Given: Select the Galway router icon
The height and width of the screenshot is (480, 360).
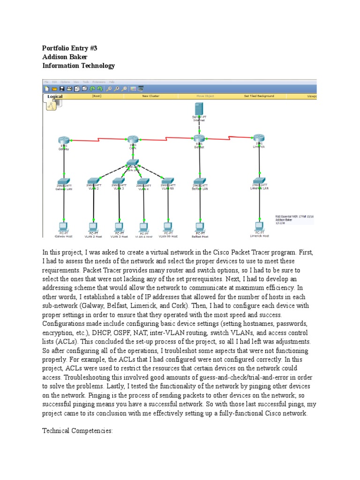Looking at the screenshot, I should [64, 140].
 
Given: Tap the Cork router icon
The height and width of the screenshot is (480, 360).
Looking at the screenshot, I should [133, 139].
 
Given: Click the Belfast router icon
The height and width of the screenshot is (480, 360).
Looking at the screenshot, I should [199, 138].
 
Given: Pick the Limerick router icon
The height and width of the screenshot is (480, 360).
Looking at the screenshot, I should [258, 138].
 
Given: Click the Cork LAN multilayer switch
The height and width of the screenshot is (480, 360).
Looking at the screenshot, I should [132, 163].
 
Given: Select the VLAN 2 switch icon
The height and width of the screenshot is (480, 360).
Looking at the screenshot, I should [93, 180].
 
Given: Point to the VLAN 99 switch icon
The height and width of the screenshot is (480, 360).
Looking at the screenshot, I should [167, 180].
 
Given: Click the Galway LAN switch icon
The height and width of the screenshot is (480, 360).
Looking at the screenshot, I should [64, 181].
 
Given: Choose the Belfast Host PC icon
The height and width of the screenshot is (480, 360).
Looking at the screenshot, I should [200, 226].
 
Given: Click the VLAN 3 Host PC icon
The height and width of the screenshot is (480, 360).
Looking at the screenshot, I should [119, 226].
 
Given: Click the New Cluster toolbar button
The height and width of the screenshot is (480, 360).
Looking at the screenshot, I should [151, 96].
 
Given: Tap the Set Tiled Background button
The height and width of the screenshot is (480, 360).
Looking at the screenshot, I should [259, 96].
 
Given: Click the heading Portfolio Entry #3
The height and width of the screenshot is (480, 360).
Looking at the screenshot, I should [69, 48].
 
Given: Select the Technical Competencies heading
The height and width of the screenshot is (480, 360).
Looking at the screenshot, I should [77, 430].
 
